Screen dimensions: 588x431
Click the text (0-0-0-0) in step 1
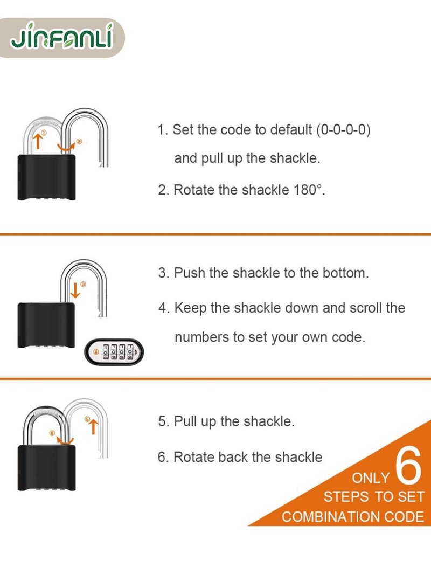(343, 130)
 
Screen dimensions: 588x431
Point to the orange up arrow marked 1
(37, 141)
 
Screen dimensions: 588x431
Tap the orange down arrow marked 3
(75, 290)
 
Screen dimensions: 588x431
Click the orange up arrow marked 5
(93, 426)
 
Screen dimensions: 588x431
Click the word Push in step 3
(189, 273)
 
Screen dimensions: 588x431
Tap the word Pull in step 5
(186, 421)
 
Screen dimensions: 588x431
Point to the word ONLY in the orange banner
(371, 478)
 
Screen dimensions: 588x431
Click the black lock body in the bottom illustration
(45, 467)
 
